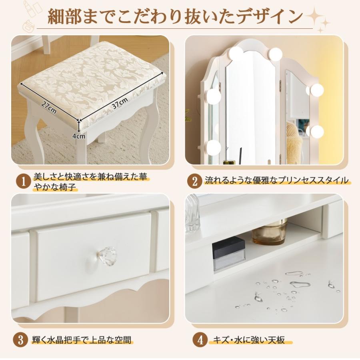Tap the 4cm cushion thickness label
tap(79, 136)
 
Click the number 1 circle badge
tap(23, 182)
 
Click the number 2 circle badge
tap(194, 181)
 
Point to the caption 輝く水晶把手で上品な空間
tap(82, 340)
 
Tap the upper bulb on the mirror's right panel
tap(317, 90)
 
